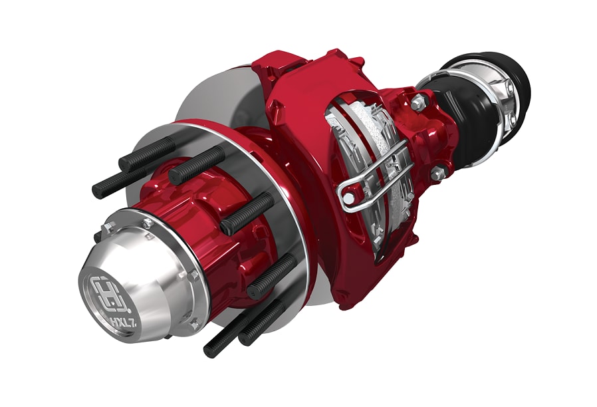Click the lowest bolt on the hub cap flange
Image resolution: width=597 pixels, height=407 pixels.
[x=193, y=325]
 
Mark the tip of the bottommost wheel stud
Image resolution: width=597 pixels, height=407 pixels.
[x=208, y=351]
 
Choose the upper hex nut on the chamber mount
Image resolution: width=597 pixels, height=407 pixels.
[x=418, y=102]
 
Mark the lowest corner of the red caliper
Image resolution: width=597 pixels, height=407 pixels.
[x=346, y=306]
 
